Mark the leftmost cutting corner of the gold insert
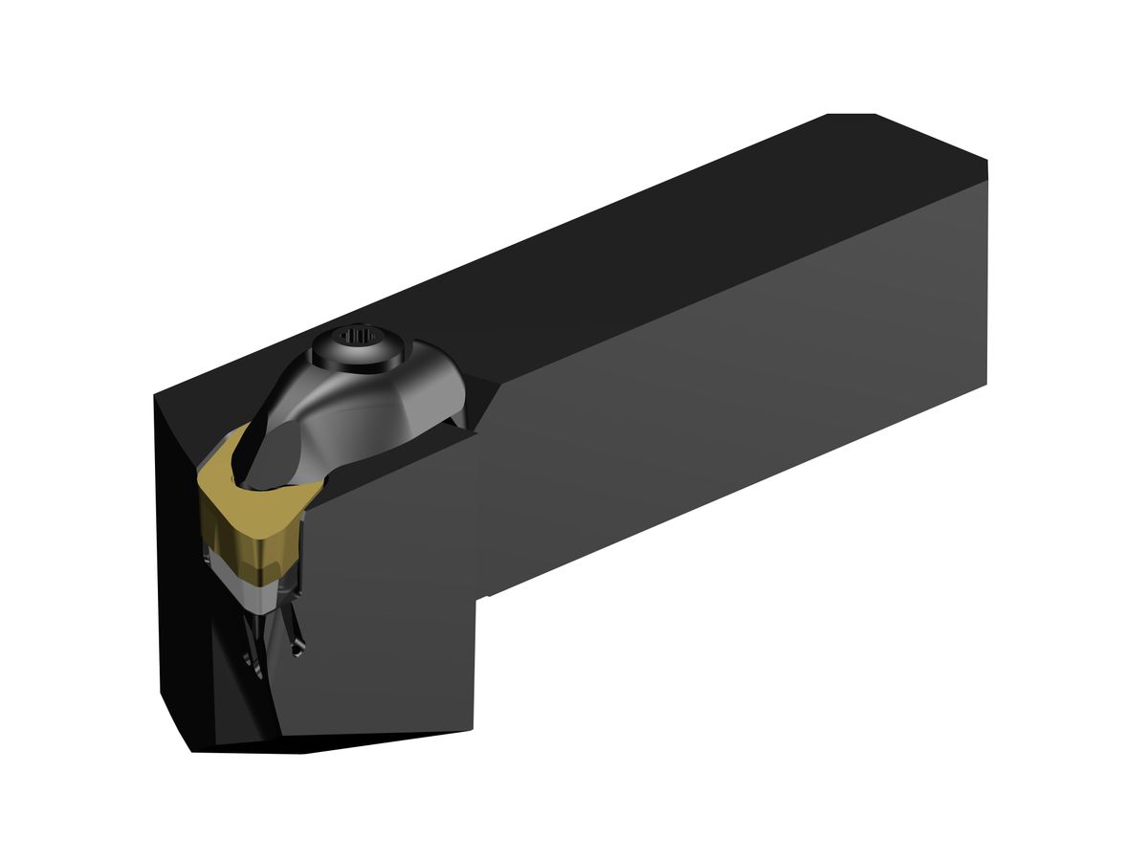[x=200, y=471]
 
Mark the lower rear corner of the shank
[x=985, y=385]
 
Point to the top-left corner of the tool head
[x=155, y=394]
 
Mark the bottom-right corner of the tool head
[x=473, y=730]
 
